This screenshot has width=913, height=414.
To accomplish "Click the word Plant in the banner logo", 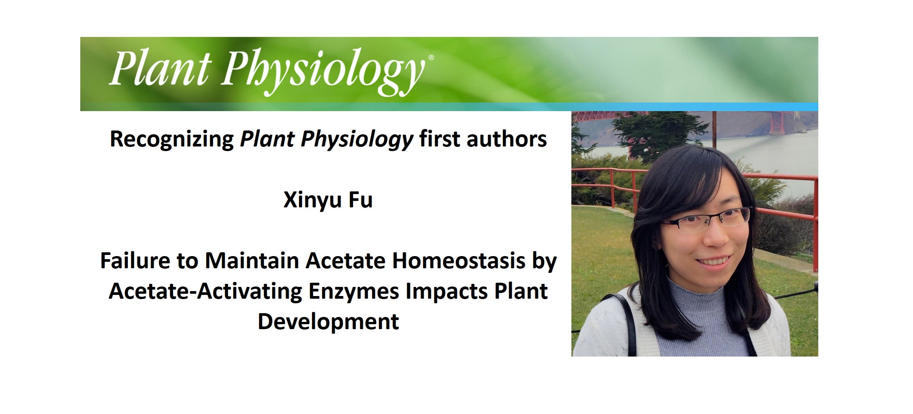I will (160, 68).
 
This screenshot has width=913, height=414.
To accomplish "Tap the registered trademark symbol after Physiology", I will (431, 58).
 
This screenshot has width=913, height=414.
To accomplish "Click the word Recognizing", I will (172, 139).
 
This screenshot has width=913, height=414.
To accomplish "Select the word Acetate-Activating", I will (205, 291).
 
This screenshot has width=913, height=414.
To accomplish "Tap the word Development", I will (328, 322).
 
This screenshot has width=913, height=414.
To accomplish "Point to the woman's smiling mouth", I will (714, 262).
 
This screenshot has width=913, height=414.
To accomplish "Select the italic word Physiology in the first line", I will (357, 139).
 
